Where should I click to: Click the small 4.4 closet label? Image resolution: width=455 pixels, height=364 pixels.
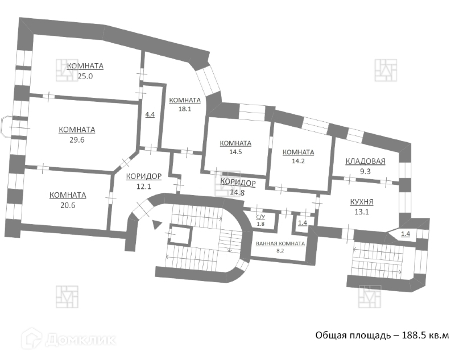pyautogui.click(x=150, y=115)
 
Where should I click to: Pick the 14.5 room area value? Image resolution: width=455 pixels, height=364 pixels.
pyautogui.click(x=235, y=152)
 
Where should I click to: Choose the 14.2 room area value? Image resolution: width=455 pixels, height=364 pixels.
pyautogui.click(x=298, y=162)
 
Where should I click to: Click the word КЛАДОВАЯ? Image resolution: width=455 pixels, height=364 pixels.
pyautogui.click(x=366, y=161)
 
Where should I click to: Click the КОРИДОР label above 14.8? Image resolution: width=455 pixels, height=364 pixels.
pyautogui.click(x=238, y=183)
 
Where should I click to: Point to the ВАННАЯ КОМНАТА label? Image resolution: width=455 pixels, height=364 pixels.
pyautogui.click(x=280, y=243)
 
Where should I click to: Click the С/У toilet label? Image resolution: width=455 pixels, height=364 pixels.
pyautogui.click(x=261, y=217)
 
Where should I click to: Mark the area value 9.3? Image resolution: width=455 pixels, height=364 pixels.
pyautogui.click(x=366, y=170)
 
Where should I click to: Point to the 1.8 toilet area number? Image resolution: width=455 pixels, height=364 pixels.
pyautogui.click(x=261, y=224)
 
